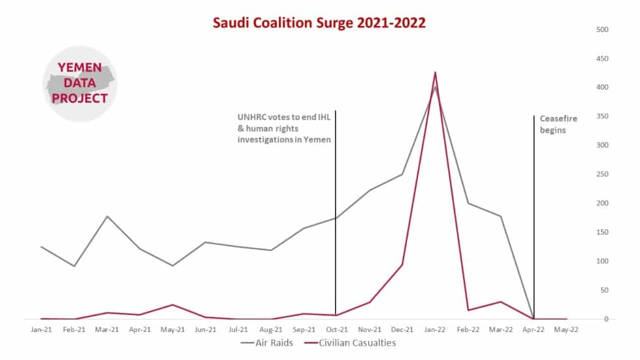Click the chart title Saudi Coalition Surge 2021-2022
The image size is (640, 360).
click(319, 23)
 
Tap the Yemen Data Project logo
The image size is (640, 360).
click(80, 84)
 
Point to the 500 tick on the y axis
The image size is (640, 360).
click(602, 30)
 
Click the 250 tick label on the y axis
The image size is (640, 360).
click(602, 174)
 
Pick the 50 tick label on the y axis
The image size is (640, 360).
click(604, 290)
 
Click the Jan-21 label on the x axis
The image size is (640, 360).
click(41, 330)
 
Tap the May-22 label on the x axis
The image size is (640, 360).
click(566, 330)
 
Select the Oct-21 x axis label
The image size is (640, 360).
click(336, 330)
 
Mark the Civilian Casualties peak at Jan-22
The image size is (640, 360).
click(435, 73)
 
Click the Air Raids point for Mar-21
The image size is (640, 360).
click(107, 216)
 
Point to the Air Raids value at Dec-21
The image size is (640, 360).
click(402, 174)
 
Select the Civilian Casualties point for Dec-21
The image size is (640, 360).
click(402, 265)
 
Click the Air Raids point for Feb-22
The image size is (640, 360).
click(468, 203)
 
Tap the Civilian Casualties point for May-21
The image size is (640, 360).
click(172, 304)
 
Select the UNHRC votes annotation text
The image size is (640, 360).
click(284, 128)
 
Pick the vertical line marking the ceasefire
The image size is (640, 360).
click(534, 196)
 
